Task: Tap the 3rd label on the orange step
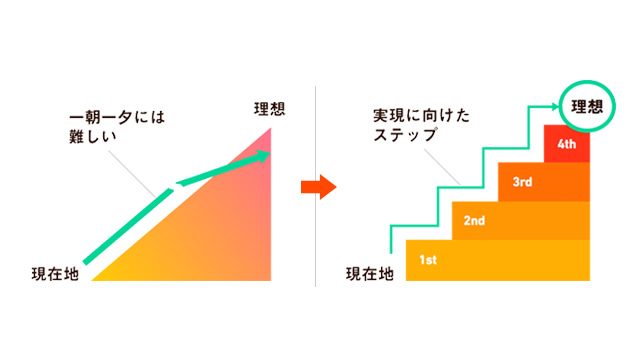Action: click(x=521, y=183)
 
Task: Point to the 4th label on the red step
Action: click(x=567, y=145)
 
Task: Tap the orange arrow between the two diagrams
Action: click(x=316, y=187)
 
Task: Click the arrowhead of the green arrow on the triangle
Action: click(x=264, y=155)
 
